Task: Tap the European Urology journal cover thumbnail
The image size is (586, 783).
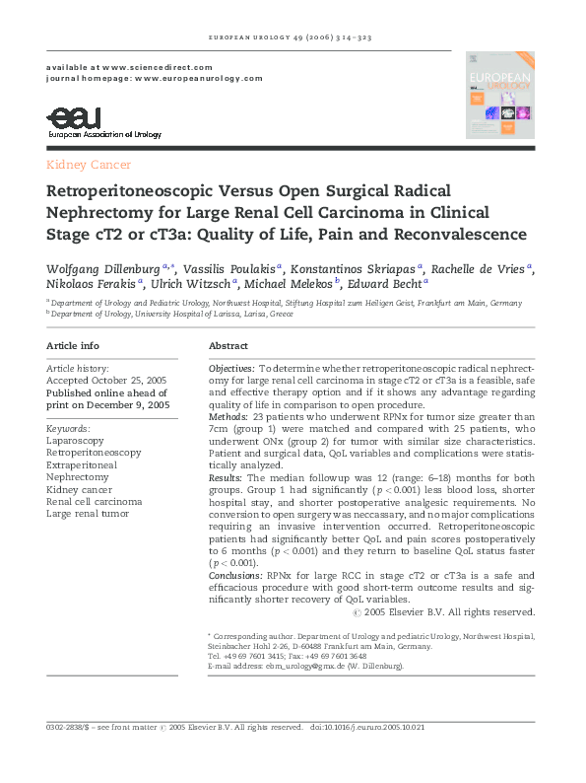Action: click(499, 95)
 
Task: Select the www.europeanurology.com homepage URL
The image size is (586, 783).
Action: click(199, 77)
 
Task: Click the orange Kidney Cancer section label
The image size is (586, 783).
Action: click(89, 165)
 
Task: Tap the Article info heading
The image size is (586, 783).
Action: click(73, 346)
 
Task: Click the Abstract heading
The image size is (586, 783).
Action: click(228, 346)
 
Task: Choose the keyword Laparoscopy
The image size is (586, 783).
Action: click(75, 441)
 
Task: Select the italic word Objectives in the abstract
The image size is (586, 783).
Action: click(231, 367)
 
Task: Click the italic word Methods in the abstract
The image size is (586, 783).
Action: click(228, 417)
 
